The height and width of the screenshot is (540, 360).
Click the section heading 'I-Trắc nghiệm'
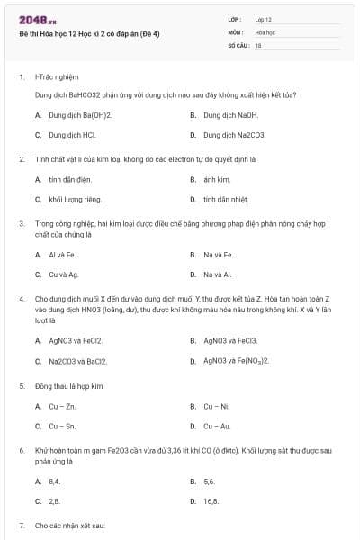point(53,77)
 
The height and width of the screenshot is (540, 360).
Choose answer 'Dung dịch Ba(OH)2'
point(80,115)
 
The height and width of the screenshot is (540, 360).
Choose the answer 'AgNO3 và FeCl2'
point(76,341)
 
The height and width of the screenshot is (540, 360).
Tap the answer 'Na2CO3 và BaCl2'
point(78,361)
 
